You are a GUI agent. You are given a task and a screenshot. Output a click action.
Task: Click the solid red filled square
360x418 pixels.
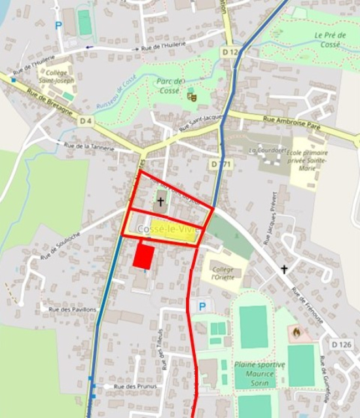point(144,256)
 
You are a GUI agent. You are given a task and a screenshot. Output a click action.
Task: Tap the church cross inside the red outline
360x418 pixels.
point(161,202)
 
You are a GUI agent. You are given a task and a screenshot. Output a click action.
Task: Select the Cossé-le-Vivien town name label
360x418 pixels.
point(167,228)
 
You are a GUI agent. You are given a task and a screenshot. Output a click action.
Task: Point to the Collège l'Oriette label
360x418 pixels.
point(223,273)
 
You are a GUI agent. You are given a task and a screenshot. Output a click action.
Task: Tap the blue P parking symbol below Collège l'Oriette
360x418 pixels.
point(202,306)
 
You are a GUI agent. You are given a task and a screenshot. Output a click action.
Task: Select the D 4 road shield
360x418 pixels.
point(85,121)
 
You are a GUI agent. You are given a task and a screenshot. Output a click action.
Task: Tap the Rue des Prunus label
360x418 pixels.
point(129,387)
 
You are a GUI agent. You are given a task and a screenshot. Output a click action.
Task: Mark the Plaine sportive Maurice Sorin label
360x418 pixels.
point(260,369)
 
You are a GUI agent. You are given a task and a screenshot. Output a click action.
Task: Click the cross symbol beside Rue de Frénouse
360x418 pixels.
point(285,269)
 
